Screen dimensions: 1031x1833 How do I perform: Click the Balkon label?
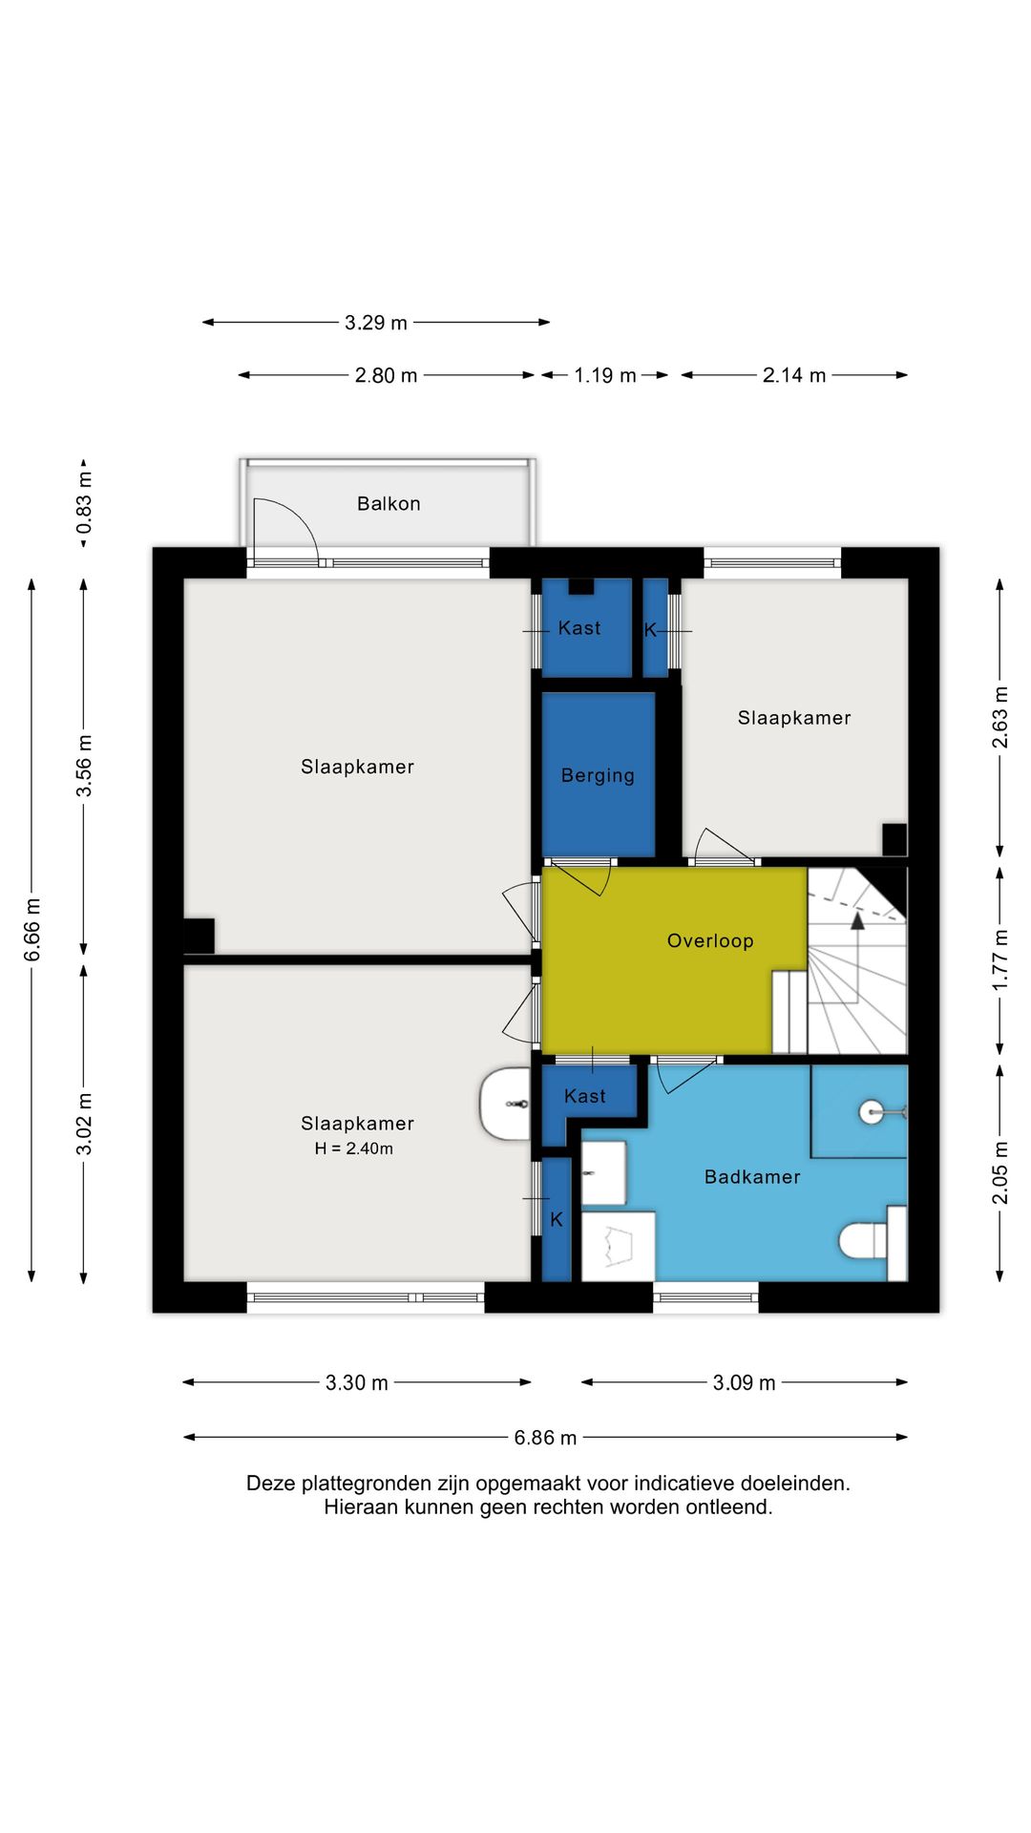(x=389, y=503)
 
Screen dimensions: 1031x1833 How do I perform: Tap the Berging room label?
(x=598, y=775)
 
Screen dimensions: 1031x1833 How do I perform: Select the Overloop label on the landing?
(x=710, y=940)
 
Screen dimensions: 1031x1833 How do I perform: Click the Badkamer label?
(x=752, y=1176)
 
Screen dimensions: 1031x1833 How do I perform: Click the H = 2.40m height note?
(x=354, y=1148)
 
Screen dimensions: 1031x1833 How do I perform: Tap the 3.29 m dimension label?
(x=376, y=323)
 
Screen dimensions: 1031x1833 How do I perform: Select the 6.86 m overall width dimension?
(x=545, y=1437)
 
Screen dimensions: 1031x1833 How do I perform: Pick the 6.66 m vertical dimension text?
(x=32, y=929)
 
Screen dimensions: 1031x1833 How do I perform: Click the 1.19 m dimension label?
(x=605, y=375)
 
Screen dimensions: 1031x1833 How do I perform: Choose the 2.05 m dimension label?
(x=999, y=1172)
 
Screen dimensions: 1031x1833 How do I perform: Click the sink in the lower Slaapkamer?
(x=505, y=1104)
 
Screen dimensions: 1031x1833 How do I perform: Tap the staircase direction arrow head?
(x=857, y=920)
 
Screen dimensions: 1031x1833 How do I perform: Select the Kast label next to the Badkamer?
(x=584, y=1096)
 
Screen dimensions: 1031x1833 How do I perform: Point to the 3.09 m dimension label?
(x=744, y=1382)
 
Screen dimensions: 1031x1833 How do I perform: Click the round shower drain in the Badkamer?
(x=871, y=1111)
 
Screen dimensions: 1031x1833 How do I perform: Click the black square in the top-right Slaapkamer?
(x=894, y=839)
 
